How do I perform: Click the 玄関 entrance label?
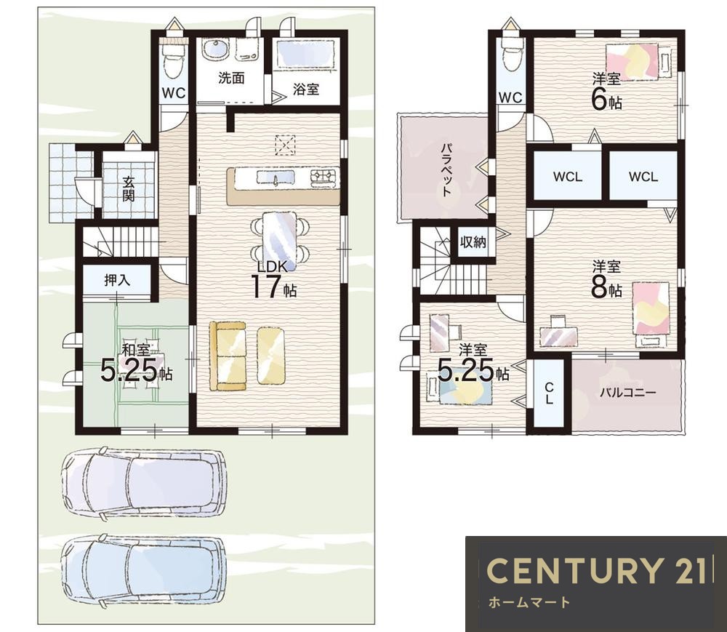coord(129,188)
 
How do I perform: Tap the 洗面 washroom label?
coord(231,78)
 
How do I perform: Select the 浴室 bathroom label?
coord(306,89)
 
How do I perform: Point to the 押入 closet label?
coord(117,280)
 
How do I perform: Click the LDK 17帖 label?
coord(273,279)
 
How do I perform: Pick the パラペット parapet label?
coord(446,169)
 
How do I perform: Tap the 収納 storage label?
coord(473,241)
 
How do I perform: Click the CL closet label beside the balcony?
coord(549,393)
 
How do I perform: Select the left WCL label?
coord(568,177)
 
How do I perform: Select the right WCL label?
coord(643,177)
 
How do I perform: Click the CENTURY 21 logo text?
coord(596,570)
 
